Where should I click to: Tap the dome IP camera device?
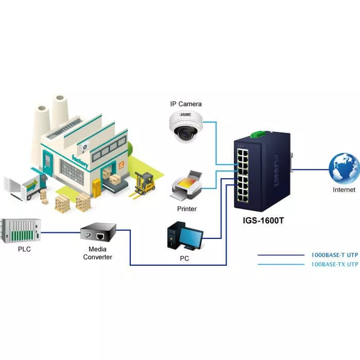(x=186, y=126)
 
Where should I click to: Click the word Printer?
(x=187, y=209)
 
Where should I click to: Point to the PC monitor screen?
(x=191, y=237)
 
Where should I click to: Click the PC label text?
(x=184, y=259)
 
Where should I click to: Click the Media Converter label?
(x=98, y=253)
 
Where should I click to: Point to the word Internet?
(x=344, y=190)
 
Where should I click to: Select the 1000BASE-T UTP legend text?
(x=334, y=254)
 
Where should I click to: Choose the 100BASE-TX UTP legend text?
(x=334, y=264)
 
